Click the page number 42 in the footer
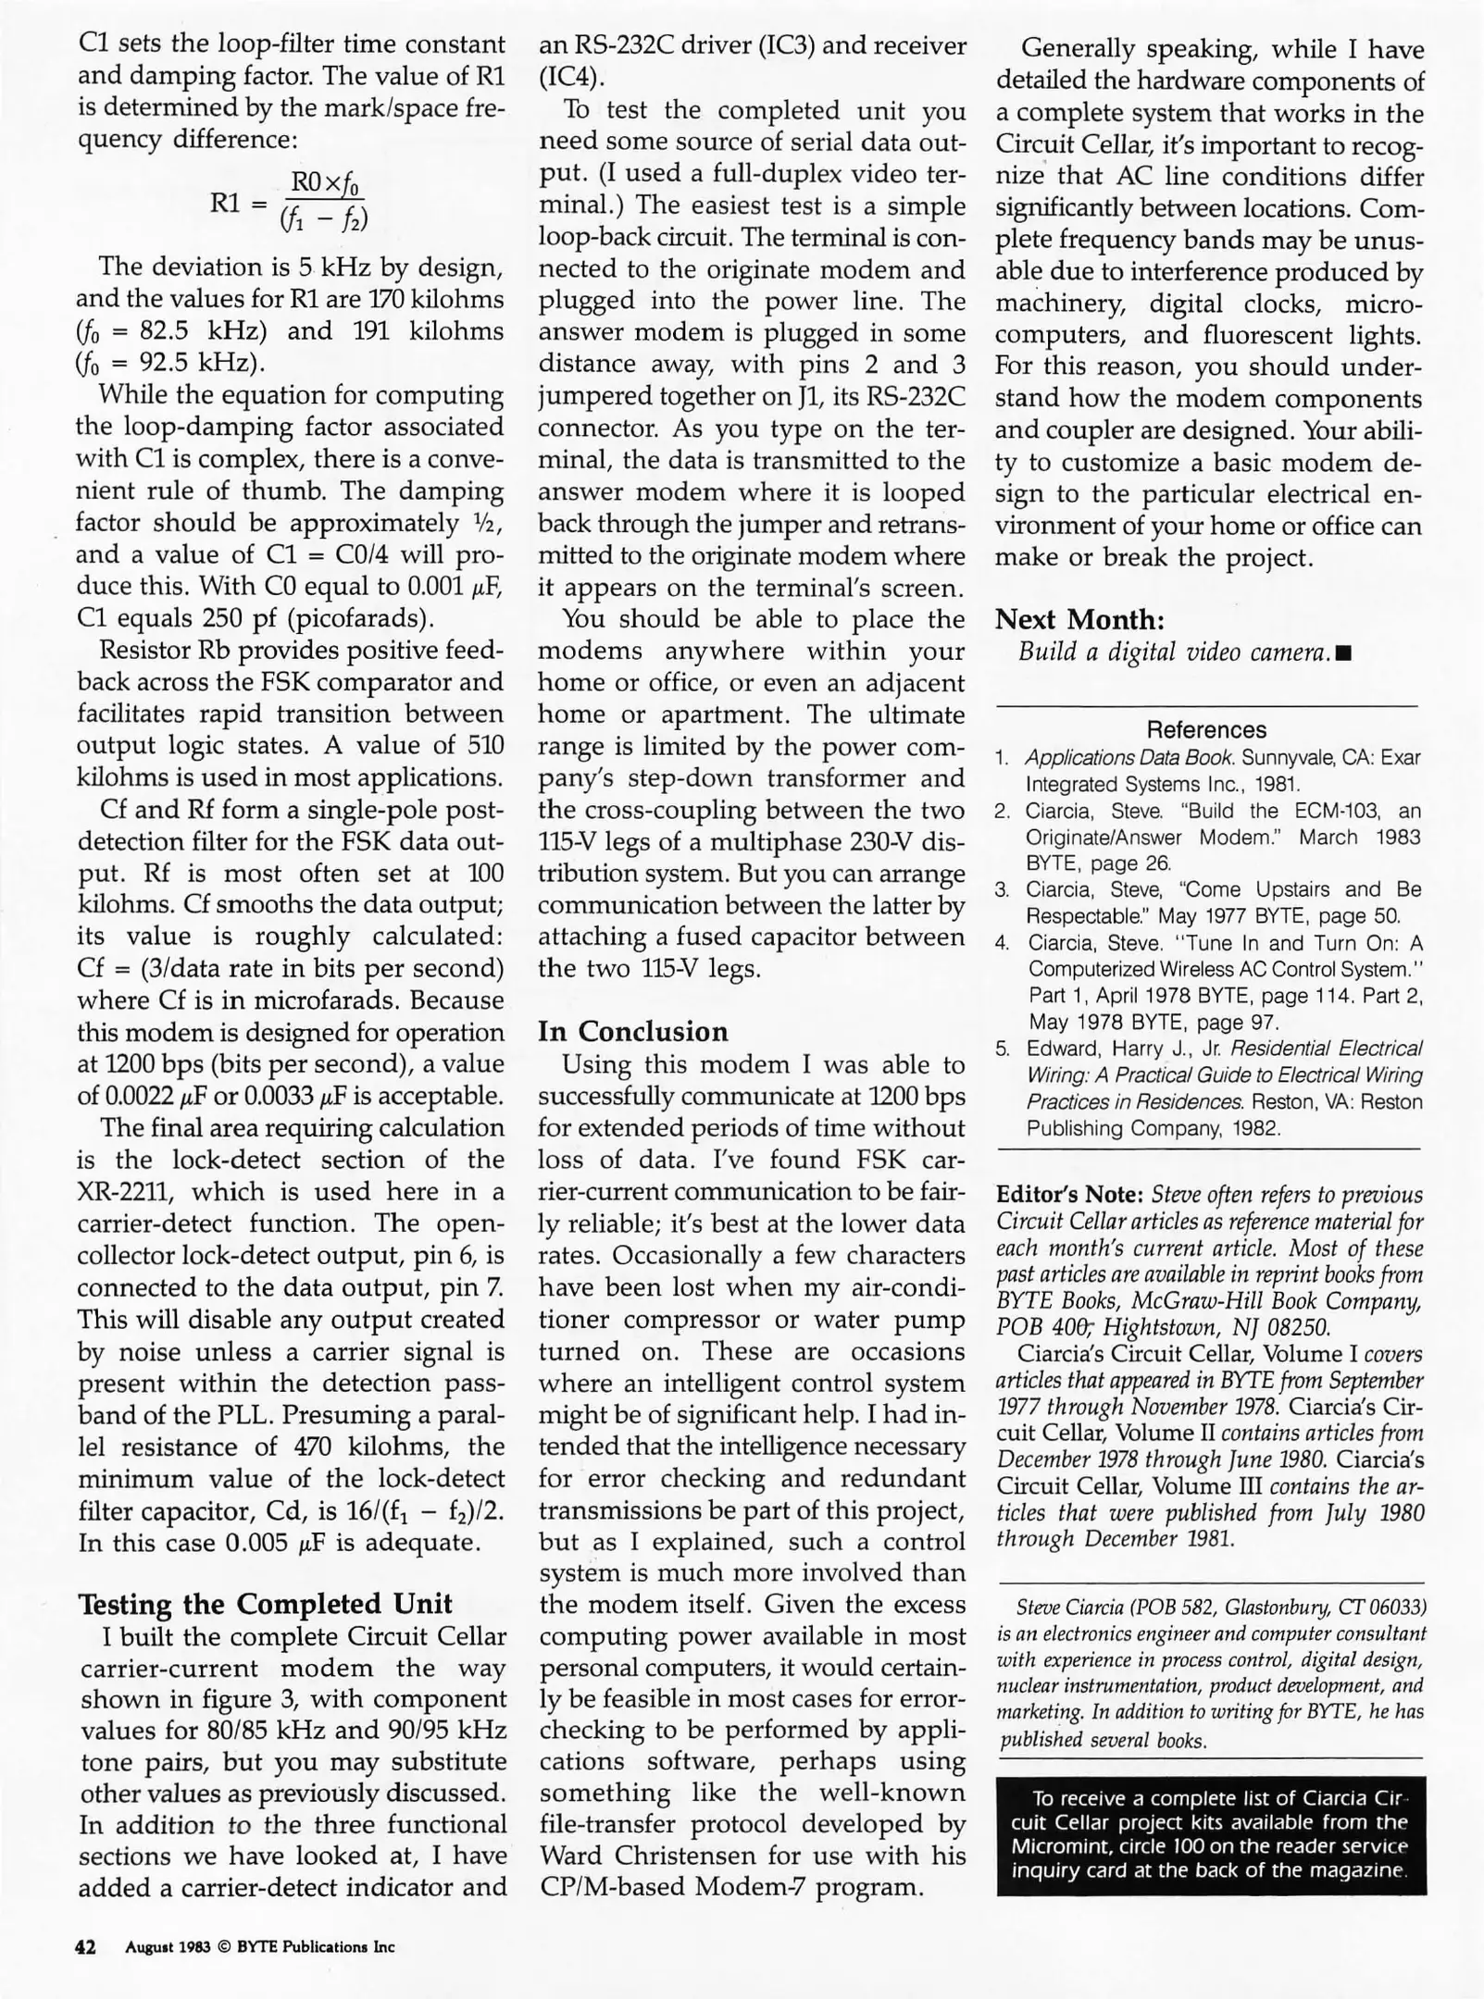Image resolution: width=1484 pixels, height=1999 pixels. pos(85,1947)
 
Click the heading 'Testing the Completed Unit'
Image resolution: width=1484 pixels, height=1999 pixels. pos(266,1604)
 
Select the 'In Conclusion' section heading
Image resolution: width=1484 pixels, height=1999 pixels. pos(632,1031)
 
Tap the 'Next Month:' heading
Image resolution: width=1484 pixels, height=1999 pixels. pos(1079,619)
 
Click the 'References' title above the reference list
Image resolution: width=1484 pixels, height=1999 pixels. pos(1206,729)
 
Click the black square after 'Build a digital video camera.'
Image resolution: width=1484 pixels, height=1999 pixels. pos(1345,654)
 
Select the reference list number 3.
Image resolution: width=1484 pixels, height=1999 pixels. pos(1001,890)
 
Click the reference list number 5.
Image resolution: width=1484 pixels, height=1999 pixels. pos(1002,1049)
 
